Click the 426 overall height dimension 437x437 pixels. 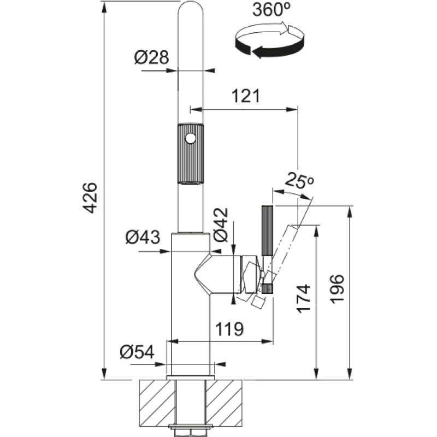point(91,198)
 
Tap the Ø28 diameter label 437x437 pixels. point(151,57)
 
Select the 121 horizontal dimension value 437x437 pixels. point(246,96)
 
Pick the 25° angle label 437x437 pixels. point(299,180)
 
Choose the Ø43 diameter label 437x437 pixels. point(143,237)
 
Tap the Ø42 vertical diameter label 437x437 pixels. point(221,225)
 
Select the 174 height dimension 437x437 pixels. point(303,299)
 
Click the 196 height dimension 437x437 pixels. point(336,289)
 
